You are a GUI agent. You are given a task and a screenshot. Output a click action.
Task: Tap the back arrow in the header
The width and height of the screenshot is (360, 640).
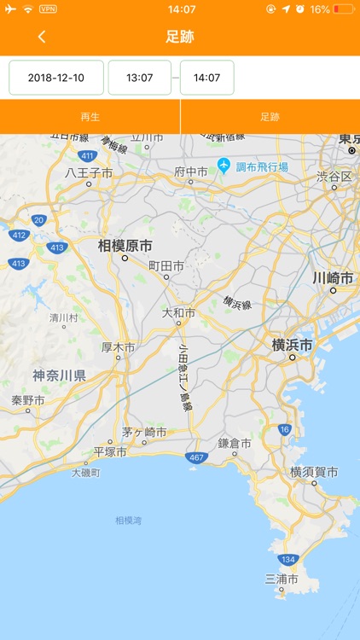point(42,37)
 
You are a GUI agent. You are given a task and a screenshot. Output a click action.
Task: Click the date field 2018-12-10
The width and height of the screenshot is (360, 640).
point(56,78)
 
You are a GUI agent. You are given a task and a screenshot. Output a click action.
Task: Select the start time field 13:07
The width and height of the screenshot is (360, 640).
point(139,78)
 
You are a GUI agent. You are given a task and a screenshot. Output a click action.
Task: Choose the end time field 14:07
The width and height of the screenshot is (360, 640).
point(206,78)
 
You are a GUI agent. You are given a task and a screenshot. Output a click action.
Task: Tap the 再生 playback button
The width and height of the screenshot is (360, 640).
point(90,117)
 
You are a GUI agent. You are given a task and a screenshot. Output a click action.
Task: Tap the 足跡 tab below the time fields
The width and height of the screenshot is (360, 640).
point(270,117)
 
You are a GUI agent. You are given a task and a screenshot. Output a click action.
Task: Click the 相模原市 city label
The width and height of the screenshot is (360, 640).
point(125,246)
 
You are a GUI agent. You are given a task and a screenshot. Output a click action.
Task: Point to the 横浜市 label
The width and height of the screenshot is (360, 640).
point(292,346)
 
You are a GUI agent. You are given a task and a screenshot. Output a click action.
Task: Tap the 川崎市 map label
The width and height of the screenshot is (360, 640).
point(332,278)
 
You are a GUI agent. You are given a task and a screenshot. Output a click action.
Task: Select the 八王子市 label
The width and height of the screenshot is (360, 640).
point(89,172)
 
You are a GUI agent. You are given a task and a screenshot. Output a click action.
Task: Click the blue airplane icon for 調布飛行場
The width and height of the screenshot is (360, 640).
point(224,165)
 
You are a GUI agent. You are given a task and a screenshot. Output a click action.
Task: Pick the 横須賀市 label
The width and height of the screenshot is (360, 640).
point(314,472)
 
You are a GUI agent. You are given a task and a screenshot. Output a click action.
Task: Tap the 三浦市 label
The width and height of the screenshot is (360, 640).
point(282,579)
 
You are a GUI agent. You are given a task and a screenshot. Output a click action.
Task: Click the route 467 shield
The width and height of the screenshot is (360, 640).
point(196,458)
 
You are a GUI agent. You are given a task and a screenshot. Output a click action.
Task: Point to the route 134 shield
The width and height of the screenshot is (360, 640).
point(288,560)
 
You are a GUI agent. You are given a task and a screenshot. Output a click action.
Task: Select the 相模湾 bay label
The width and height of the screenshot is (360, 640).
point(129,520)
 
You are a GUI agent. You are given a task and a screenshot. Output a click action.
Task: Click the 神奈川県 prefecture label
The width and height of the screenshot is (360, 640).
point(59,375)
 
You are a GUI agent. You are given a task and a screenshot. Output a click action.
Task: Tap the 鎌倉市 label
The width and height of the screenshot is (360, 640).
point(234,443)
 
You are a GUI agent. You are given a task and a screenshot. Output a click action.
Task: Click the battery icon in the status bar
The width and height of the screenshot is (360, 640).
point(343,9)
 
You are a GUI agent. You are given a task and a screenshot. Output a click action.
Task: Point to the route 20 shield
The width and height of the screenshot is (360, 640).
point(38,219)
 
